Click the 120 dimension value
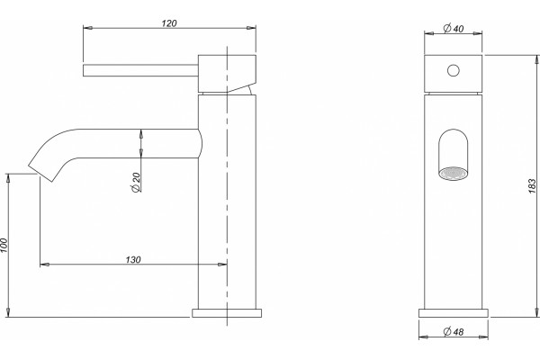(169, 23)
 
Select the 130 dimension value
(133, 259)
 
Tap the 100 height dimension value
(4, 246)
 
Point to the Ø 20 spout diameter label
(136, 182)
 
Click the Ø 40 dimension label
(454, 28)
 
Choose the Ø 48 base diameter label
(454, 332)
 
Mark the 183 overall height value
(532, 186)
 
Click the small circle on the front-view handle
(454, 70)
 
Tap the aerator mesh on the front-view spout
(454, 174)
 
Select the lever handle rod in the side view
(140, 70)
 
